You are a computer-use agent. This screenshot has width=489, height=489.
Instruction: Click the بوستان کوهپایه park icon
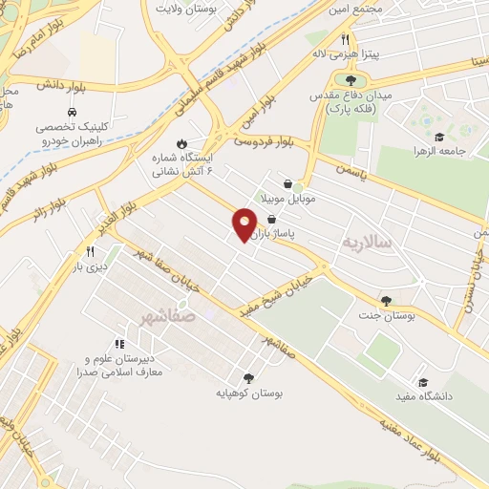pyautogui.click(x=249, y=378)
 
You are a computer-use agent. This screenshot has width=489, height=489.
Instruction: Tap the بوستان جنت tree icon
pyautogui.click(x=386, y=301)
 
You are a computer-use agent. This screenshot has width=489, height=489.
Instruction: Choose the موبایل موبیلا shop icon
pyautogui.click(x=288, y=183)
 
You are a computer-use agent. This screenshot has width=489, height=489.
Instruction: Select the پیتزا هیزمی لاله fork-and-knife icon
pyautogui.click(x=344, y=41)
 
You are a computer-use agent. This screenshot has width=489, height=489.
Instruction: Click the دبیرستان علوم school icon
pyautogui.click(x=119, y=344)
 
